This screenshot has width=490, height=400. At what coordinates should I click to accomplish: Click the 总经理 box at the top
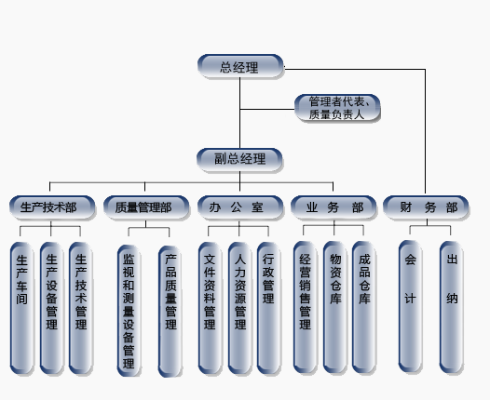tap(240, 66)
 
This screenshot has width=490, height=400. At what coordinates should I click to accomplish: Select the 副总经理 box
tap(239, 160)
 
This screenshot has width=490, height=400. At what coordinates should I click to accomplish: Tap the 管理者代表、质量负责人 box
tap(337, 108)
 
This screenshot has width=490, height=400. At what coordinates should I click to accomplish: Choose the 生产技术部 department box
tap(52, 207)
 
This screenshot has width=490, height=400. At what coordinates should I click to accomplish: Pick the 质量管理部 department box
tap(146, 207)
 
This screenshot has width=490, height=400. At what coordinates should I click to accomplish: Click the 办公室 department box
tap(240, 207)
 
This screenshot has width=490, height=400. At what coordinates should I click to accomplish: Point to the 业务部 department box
tap(333, 207)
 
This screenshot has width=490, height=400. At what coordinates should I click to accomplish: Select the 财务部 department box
tap(426, 207)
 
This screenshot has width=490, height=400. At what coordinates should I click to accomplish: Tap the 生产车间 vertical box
tap(21, 308)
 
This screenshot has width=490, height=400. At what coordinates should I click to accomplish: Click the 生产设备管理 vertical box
tap(52, 308)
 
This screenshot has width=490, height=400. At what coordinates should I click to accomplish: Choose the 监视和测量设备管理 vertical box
tap(129, 311)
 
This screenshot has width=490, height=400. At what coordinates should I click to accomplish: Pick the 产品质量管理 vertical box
tap(170, 312)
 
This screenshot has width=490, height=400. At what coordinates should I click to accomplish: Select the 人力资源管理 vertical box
tap(240, 308)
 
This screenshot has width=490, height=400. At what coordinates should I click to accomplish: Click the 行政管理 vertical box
tap(268, 308)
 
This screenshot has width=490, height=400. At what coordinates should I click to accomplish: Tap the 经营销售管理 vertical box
tap(306, 307)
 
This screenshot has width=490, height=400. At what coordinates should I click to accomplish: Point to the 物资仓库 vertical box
tap(335, 307)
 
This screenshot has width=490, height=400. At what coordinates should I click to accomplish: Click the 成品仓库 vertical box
tap(364, 307)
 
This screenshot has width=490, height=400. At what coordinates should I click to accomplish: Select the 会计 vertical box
tap(410, 306)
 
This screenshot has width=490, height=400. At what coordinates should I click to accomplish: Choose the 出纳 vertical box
tap(452, 307)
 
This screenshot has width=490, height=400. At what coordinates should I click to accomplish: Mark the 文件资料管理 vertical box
tap(210, 308)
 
